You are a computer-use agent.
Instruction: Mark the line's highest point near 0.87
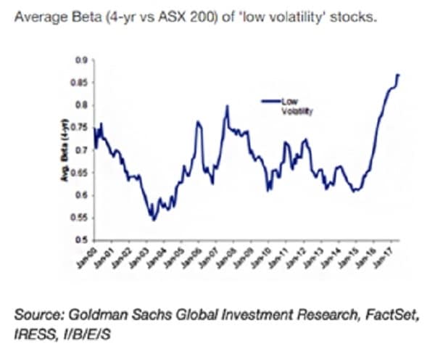coord(398,75)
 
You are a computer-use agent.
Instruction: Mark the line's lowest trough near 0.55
coord(152,218)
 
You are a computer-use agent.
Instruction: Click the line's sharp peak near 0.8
coord(227,107)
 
